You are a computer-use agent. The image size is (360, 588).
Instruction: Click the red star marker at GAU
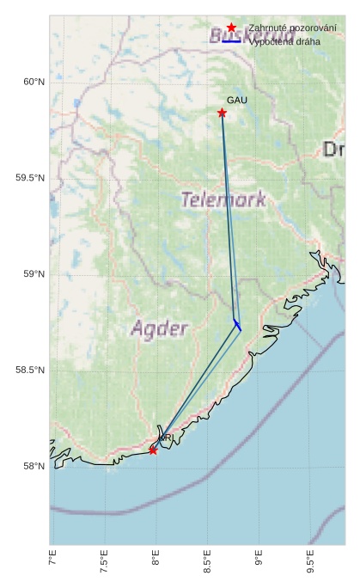222,113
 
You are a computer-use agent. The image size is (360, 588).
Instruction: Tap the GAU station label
237,101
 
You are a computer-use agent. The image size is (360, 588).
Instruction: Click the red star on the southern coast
153,450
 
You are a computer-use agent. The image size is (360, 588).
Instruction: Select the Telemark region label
223,199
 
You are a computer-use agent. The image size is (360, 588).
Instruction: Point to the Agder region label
159,328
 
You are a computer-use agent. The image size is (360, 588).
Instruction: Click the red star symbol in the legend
231,28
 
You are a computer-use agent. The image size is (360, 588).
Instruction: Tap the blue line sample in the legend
231,40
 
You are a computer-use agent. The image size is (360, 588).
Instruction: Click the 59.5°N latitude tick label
29,178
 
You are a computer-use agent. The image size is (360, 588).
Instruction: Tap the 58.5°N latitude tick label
29,371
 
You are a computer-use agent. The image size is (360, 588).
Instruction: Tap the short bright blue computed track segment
237,324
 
